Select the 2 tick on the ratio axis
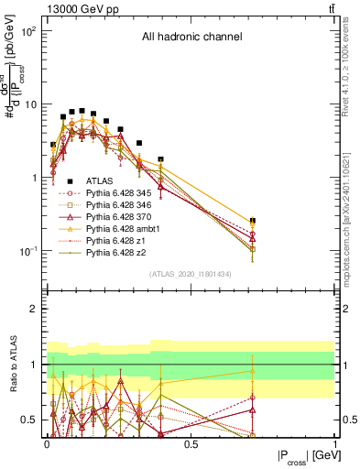coord(33,309)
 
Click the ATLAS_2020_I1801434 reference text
coord(191,274)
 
